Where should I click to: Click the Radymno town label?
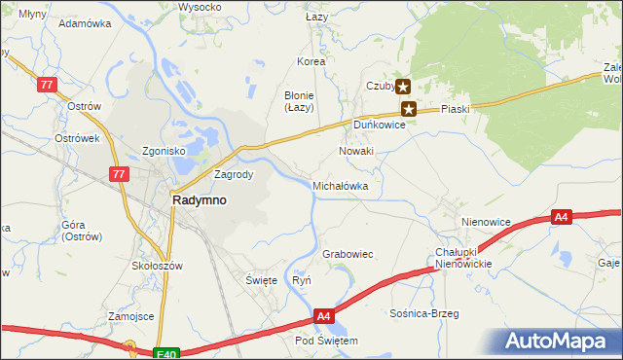coord(200,199)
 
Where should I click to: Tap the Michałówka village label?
coord(340,185)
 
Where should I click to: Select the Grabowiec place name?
coord(348,254)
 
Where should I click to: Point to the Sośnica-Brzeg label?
coord(422,314)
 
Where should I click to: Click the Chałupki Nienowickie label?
coord(463,258)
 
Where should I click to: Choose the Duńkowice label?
coord(379,126)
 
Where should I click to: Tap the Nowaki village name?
coord(356,152)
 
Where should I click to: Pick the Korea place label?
coord(311,61)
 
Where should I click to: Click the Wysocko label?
coord(200,7)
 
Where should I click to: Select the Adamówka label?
coord(85,21)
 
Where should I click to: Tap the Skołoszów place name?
coord(157,266)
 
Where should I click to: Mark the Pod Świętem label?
coord(327,342)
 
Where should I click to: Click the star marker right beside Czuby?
coord(402,87)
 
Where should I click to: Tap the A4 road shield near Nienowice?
coord(561,217)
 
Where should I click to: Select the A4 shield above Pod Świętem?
coord(325,316)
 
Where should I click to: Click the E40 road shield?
coord(166,354)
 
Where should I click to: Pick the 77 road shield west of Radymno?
coord(119,174)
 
